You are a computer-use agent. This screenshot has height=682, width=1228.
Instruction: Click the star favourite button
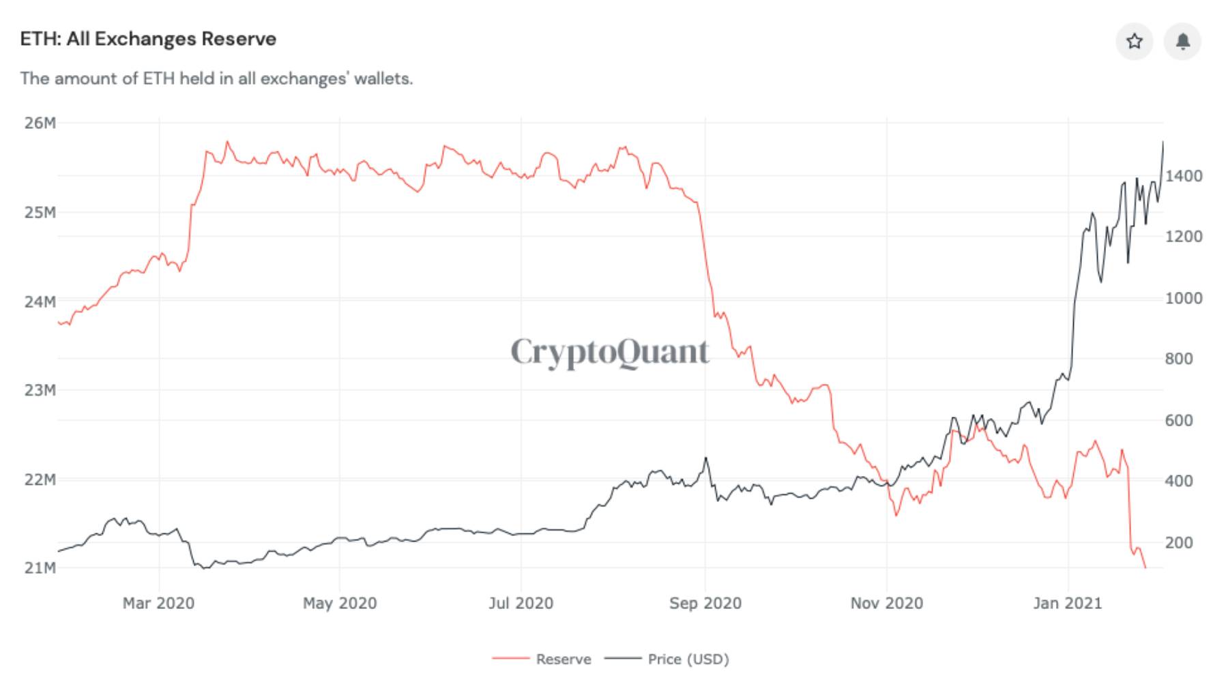(1134, 42)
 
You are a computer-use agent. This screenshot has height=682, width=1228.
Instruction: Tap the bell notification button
(1182, 42)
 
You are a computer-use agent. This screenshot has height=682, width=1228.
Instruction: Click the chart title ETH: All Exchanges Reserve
(148, 39)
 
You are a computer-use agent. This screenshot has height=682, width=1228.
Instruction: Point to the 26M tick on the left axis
(40, 123)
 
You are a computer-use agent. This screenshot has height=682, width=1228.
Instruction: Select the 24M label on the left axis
(40, 301)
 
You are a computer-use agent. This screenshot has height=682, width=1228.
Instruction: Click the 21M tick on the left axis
(40, 568)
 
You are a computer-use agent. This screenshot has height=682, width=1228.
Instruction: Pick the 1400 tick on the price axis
(1184, 176)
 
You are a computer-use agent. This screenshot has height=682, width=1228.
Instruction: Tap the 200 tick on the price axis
(1179, 543)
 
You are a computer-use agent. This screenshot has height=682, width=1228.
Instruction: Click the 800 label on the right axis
(1179, 359)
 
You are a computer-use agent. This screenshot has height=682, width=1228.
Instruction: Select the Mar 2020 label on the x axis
(158, 604)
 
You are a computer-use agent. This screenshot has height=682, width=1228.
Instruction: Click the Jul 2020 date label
(521, 604)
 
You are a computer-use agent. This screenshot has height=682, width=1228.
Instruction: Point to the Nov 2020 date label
(886, 604)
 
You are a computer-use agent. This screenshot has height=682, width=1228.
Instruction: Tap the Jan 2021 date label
(1068, 604)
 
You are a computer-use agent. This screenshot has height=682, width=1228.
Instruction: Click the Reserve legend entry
(564, 659)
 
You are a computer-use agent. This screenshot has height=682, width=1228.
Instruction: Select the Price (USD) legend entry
(688, 659)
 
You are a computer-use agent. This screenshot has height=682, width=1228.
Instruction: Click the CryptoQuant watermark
(610, 352)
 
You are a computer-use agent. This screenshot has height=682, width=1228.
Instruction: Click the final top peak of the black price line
(1163, 142)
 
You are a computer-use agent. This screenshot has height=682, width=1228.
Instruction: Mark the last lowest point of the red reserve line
(1145, 567)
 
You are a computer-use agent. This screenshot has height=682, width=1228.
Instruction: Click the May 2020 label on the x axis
(340, 604)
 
